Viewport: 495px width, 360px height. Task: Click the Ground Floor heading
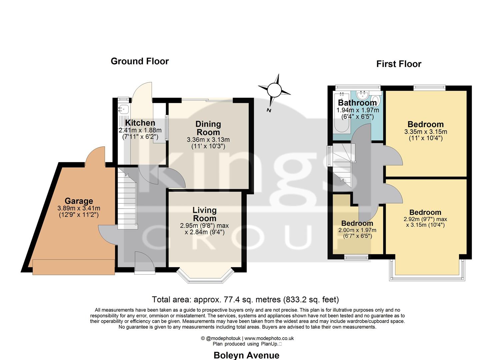coord(140,61)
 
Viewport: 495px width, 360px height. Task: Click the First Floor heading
coord(399,64)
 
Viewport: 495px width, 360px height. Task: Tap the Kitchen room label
coord(140,123)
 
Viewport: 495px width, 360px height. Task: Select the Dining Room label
coord(208,128)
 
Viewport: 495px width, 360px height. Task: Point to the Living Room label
coord(204,214)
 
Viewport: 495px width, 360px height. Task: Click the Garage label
coord(79,201)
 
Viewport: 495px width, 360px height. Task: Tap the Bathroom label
coord(357,103)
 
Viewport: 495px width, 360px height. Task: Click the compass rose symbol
coord(274,90)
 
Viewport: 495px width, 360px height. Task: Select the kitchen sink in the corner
coord(124,109)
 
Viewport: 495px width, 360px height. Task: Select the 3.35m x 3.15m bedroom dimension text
coord(426,132)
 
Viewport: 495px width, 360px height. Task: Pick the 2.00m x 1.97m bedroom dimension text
coord(357,230)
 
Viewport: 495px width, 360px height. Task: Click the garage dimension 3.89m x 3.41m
coord(79,208)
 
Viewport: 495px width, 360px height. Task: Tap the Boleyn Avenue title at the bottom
coord(246,355)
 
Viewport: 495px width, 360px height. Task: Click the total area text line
coord(245,299)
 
